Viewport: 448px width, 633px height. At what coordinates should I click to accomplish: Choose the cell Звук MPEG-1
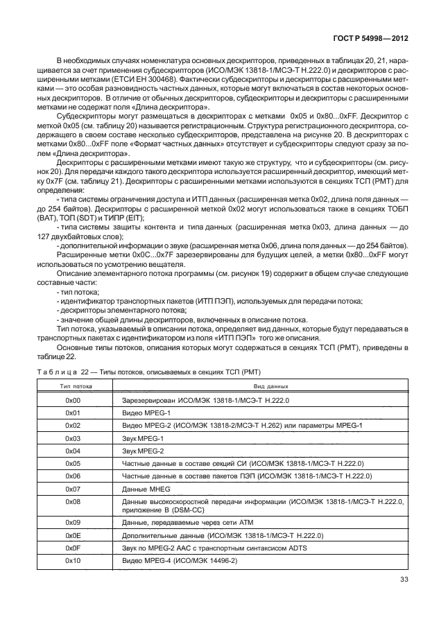(140, 438)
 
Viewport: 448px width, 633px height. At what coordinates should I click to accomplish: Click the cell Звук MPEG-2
(140, 451)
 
